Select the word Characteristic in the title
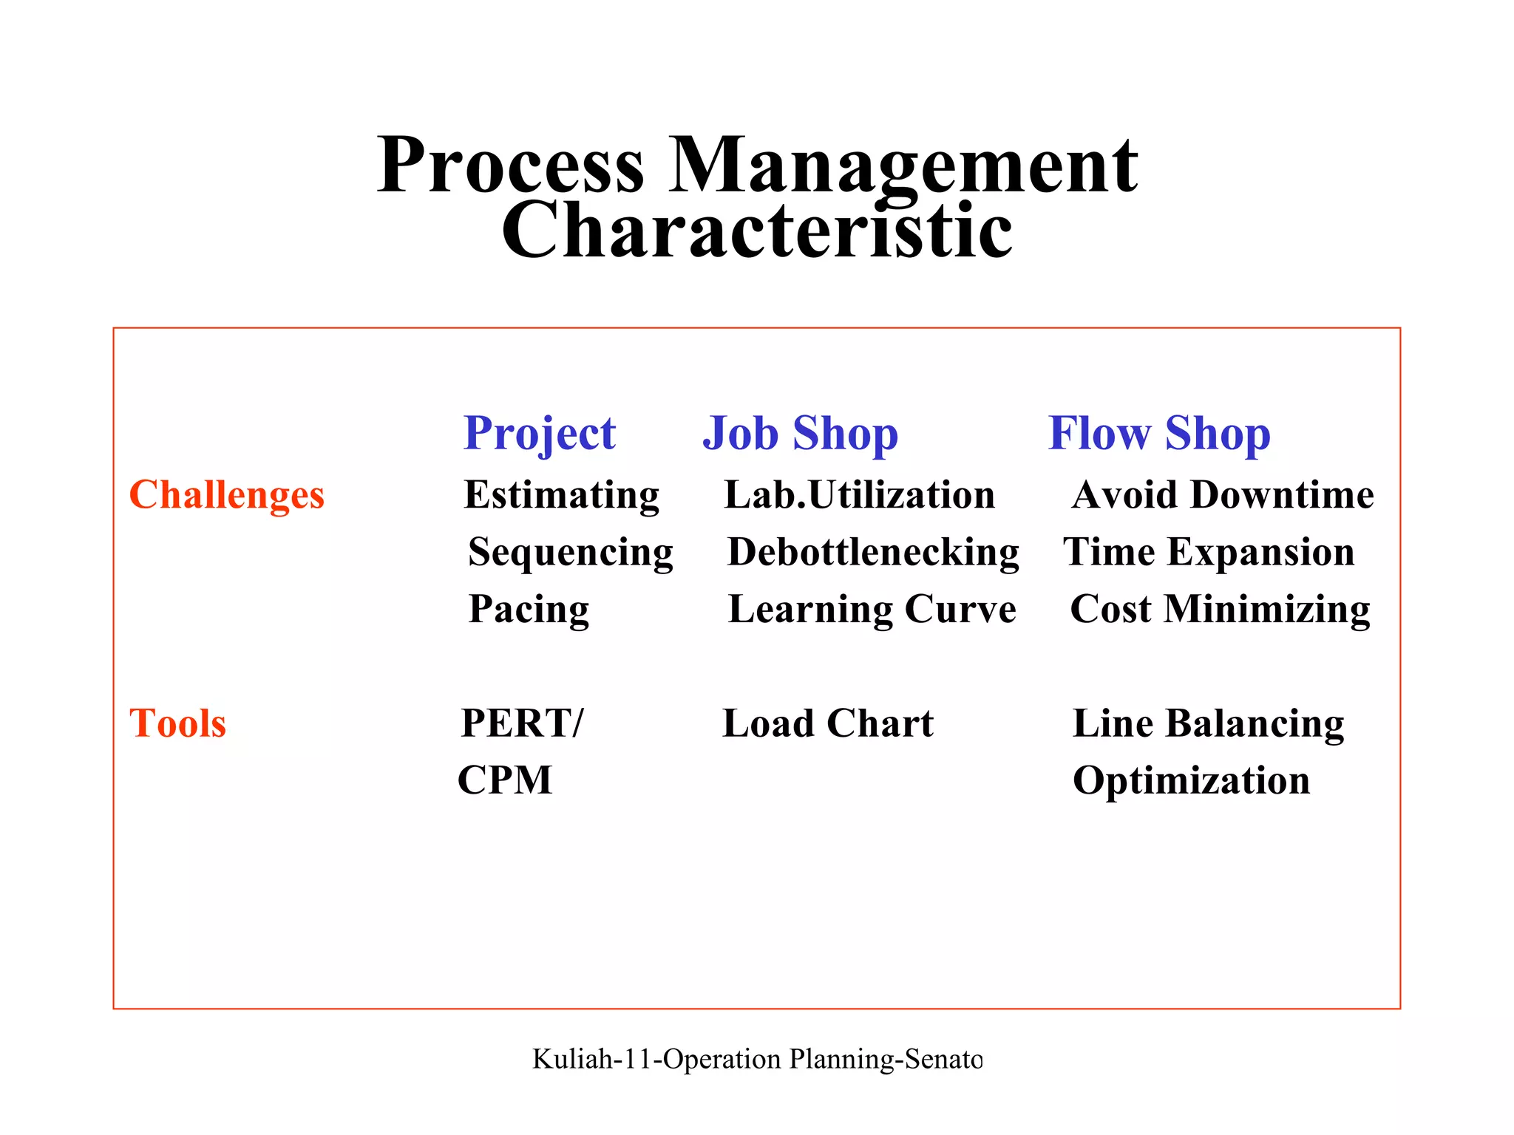756,231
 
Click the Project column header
539,433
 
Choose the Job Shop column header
800,433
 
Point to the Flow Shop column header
1159,433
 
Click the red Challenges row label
227,494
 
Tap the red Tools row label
177,723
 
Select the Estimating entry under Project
561,494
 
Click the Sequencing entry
571,552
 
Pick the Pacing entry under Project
529,609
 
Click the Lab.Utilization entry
859,494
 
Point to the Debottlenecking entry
873,552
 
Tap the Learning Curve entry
872,609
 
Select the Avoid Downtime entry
1223,494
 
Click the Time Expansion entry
1209,552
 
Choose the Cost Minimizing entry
1220,609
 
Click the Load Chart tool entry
827,723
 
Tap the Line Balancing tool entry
1208,723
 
